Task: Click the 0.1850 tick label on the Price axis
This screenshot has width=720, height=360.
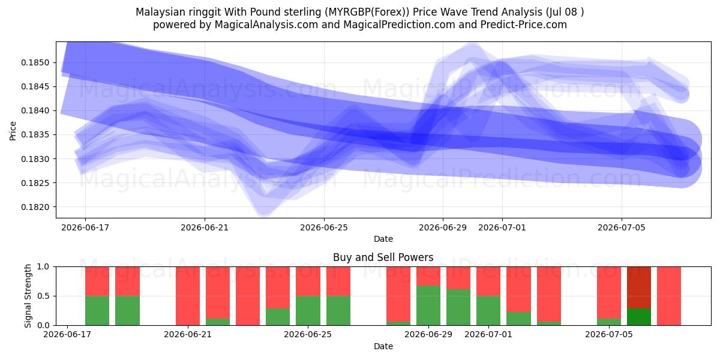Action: tap(35, 62)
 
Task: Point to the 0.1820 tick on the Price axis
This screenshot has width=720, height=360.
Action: tap(35, 208)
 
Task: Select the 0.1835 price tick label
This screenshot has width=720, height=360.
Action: tap(35, 135)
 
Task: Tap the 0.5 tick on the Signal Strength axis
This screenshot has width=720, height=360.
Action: tap(43, 296)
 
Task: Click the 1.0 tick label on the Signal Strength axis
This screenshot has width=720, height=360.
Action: tap(43, 267)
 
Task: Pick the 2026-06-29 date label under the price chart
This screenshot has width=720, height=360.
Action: tap(443, 227)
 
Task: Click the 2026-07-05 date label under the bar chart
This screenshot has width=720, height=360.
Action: tap(609, 334)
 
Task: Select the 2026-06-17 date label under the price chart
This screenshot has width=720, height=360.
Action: tap(85, 227)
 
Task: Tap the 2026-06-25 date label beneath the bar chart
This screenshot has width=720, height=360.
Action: tap(308, 334)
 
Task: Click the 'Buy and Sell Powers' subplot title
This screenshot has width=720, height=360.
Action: tap(383, 257)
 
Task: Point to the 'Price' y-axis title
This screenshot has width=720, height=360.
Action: tap(13, 131)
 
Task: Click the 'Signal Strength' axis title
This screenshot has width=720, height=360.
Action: tap(28, 296)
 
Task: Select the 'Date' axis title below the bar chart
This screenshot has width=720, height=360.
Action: tap(383, 347)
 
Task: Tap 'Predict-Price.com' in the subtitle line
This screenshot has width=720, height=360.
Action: tap(524, 25)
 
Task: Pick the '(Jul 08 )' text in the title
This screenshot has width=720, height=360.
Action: tap(565, 12)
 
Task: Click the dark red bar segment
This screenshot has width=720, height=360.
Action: tap(639, 287)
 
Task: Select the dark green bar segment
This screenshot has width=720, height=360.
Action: tap(639, 317)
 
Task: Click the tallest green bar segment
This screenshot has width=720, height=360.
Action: tap(428, 305)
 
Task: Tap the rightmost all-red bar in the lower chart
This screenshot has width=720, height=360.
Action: tap(669, 296)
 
